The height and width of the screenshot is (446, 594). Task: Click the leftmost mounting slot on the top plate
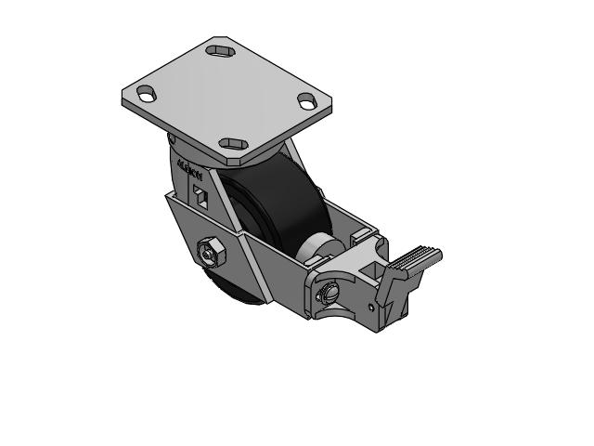coord(146,93)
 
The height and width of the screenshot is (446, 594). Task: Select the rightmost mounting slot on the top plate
coord(307,100)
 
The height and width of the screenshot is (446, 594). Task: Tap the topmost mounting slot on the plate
coord(221,49)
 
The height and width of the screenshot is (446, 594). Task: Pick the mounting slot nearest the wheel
coord(231,144)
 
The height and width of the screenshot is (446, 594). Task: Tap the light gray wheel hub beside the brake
coord(315,247)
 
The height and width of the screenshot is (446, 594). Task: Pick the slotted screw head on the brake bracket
coord(327,293)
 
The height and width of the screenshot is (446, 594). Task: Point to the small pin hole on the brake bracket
coord(371,304)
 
